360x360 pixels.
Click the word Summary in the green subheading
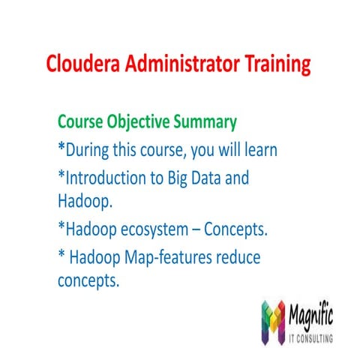point(210,121)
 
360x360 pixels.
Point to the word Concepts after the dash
point(237,229)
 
